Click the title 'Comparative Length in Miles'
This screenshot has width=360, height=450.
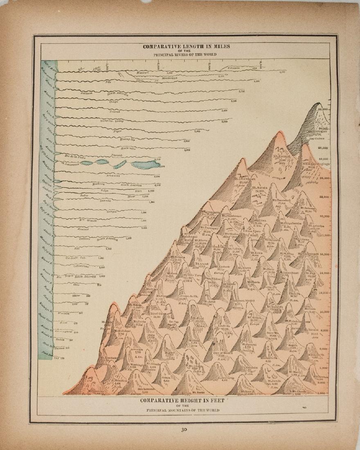coord(186,46)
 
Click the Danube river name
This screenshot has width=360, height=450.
coord(106,201)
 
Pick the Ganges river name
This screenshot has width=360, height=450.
coord(111,212)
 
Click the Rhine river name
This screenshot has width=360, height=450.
coord(75,295)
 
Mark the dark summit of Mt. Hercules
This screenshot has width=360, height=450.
coord(317,107)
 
